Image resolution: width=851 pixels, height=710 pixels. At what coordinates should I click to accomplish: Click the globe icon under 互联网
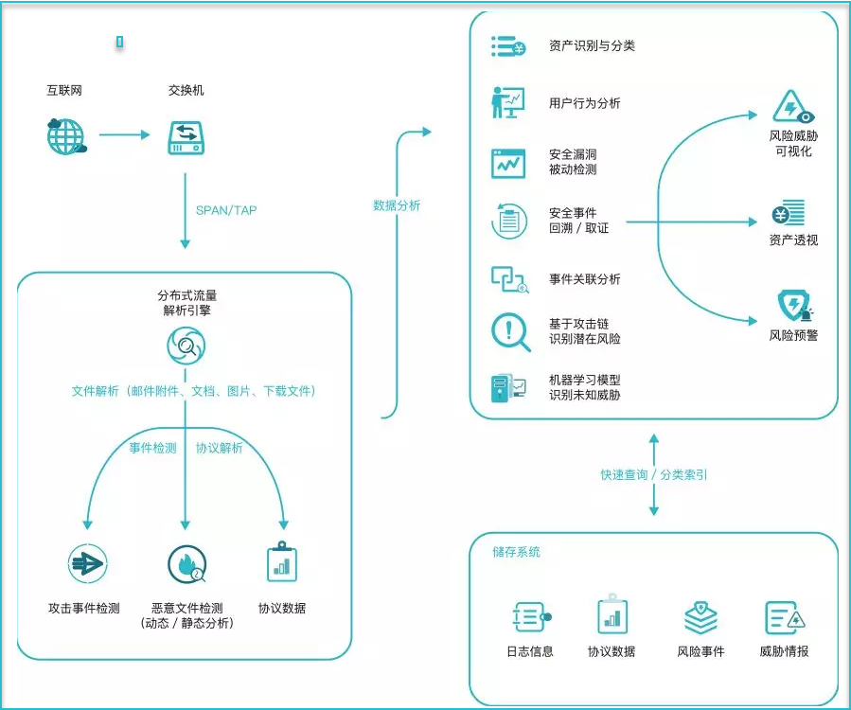tap(66, 136)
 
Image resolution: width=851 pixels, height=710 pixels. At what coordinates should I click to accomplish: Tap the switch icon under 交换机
tap(186, 138)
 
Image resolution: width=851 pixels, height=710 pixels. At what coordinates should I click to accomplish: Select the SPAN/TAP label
tap(226, 210)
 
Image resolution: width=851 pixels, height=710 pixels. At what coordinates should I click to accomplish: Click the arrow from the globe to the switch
tap(124, 134)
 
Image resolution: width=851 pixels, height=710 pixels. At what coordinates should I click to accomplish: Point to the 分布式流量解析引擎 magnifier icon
tap(186, 346)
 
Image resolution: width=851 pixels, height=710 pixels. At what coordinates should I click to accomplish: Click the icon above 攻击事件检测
tap(87, 564)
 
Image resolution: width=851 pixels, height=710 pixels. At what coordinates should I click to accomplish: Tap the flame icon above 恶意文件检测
tap(187, 564)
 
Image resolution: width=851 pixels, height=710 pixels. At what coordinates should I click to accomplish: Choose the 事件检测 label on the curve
tap(153, 448)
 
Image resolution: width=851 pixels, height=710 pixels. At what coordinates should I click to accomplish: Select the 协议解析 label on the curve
tap(220, 448)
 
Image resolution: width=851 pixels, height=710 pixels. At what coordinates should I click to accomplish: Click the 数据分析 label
tap(397, 205)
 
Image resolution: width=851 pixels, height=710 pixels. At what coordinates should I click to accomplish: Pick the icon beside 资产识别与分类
tap(508, 46)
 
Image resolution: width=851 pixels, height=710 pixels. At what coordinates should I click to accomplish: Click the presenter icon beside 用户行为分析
tap(508, 102)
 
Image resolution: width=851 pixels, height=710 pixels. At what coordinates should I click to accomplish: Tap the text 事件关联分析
tap(584, 279)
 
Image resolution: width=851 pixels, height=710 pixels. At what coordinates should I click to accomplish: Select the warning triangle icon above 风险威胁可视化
tap(793, 107)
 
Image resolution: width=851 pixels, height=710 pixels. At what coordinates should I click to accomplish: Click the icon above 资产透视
tap(789, 213)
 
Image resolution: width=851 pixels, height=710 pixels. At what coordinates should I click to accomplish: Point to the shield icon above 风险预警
tap(795, 306)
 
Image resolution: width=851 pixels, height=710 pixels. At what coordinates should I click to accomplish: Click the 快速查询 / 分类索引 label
tap(654, 475)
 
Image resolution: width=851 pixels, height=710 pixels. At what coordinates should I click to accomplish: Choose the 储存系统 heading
tap(516, 552)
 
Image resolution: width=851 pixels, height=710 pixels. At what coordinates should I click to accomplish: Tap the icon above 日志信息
tap(531, 617)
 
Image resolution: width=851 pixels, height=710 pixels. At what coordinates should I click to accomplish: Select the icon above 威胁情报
tap(785, 618)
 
